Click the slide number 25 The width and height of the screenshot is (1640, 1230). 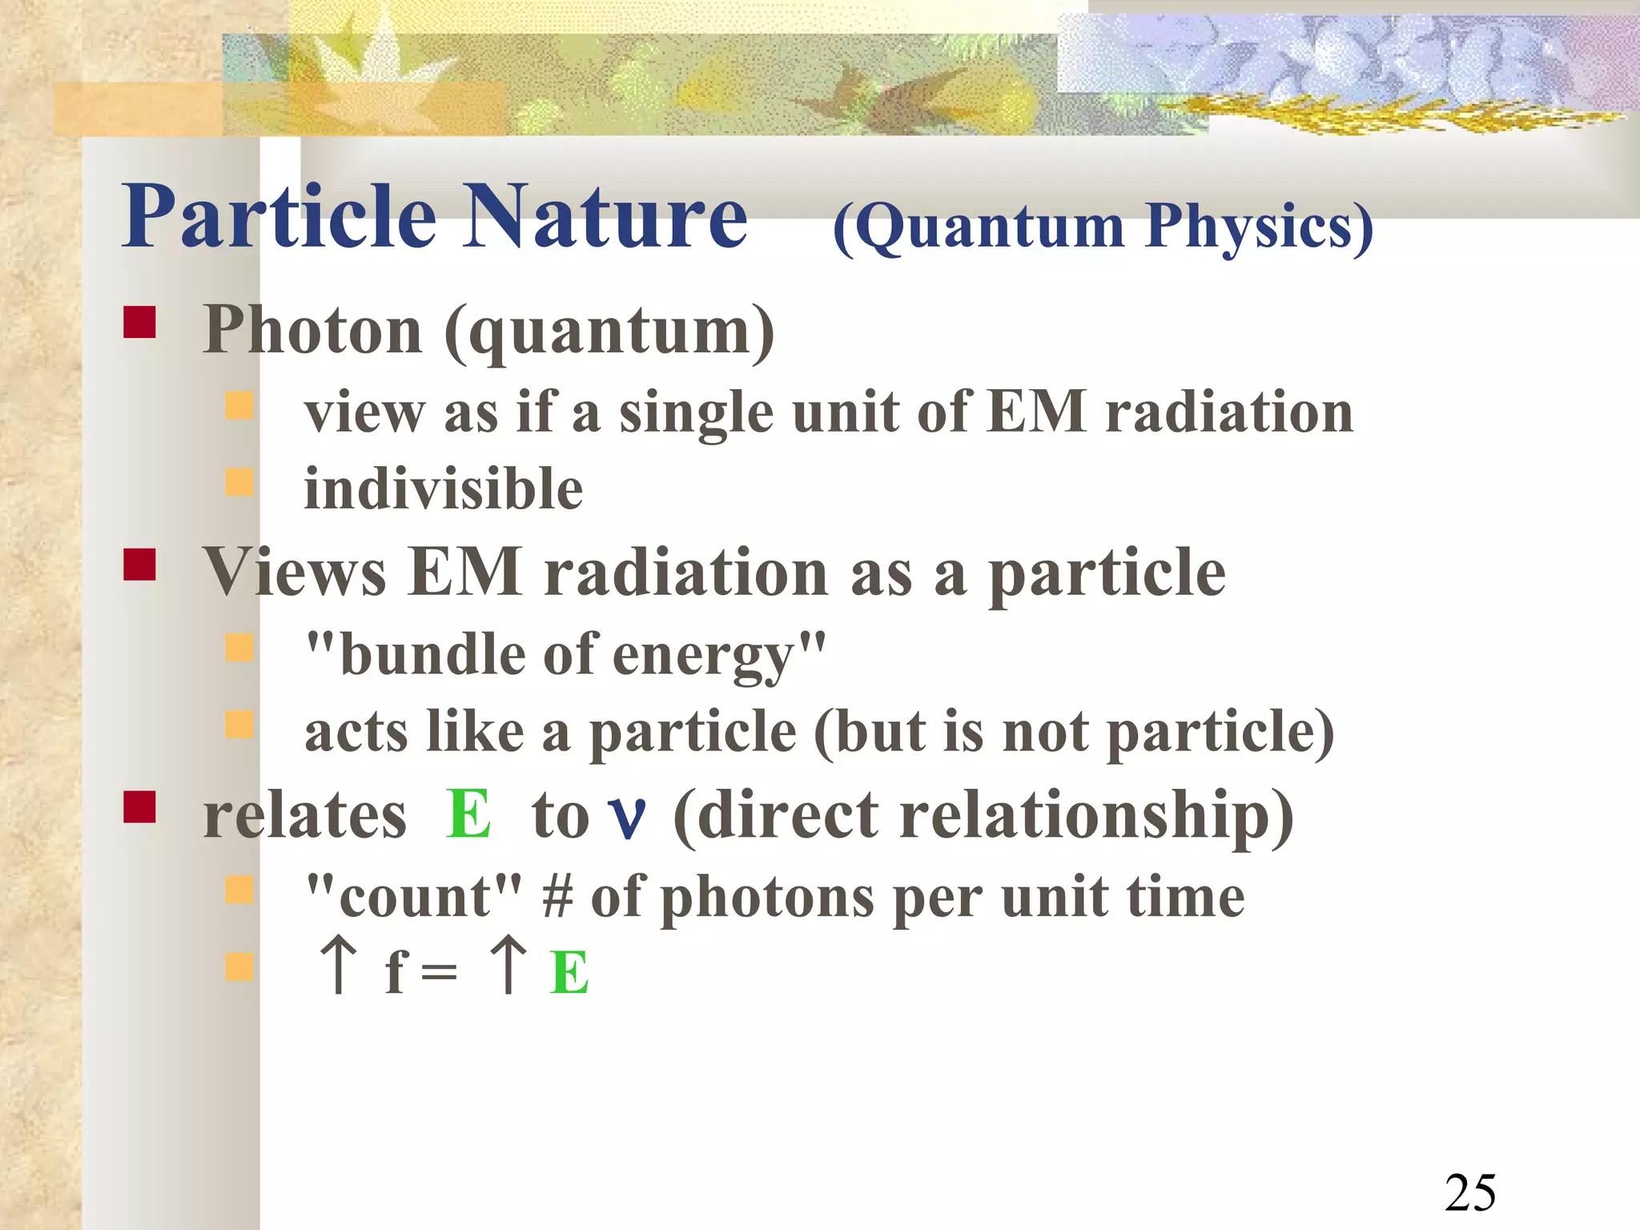point(1470,1192)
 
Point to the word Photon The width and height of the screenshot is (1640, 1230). point(312,330)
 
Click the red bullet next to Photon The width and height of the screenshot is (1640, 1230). point(139,323)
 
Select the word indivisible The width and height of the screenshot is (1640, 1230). point(443,488)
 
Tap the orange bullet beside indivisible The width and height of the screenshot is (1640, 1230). point(239,482)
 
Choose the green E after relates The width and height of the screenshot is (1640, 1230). point(468,814)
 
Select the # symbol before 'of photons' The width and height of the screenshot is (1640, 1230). point(558,896)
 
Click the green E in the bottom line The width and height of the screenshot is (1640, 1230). point(569,972)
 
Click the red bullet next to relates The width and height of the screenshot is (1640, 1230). point(139,807)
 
